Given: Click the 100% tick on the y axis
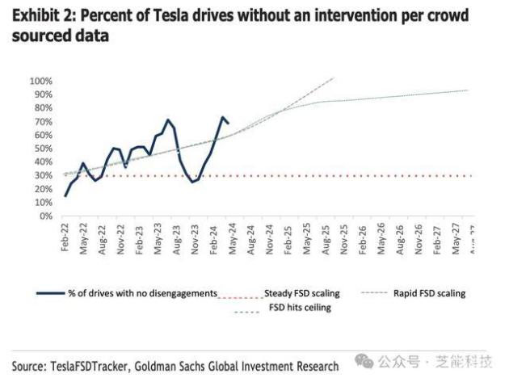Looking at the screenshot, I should click(x=40, y=82).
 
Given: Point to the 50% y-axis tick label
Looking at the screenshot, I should click(x=42, y=149).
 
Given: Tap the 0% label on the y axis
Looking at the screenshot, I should click(x=44, y=216).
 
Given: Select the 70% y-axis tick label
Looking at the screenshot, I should click(x=42, y=122).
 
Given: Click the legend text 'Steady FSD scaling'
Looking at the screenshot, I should click(x=301, y=293).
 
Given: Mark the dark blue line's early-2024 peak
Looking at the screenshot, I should click(x=222, y=117).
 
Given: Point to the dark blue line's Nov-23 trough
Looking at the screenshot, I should click(x=193, y=182).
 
